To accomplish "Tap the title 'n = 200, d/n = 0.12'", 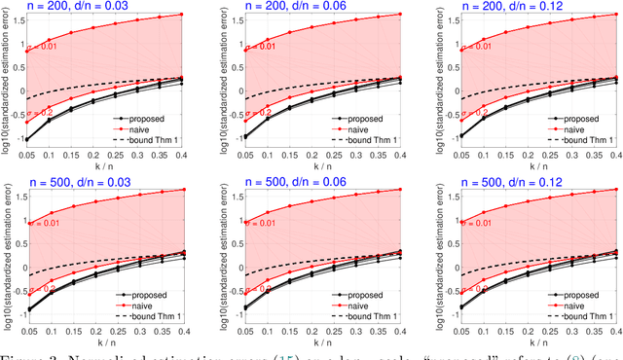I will coord(526,7).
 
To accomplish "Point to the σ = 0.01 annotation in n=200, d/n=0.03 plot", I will coord(46,45).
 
